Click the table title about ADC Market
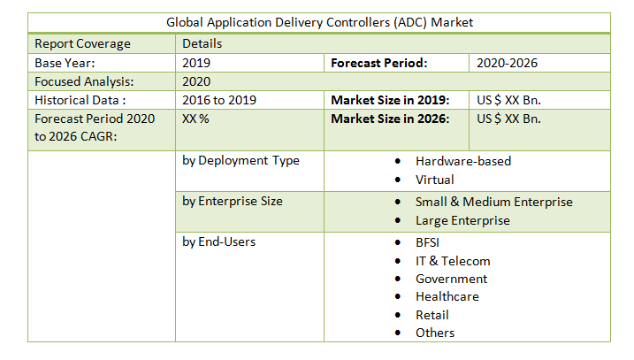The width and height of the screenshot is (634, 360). pyautogui.click(x=318, y=23)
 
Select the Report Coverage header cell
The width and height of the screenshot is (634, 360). pyautogui.click(x=82, y=43)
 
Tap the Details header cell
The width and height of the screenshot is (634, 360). pyautogui.click(x=202, y=43)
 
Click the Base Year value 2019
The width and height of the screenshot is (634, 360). pyautogui.click(x=196, y=63)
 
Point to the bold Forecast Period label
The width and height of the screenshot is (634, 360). pyautogui.click(x=379, y=63)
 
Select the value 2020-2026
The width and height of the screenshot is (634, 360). pyautogui.click(x=507, y=63)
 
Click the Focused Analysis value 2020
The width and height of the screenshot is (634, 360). pyautogui.click(x=196, y=81)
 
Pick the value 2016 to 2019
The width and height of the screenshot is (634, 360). pyautogui.click(x=219, y=100)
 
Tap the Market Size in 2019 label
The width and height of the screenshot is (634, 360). pyautogui.click(x=390, y=100)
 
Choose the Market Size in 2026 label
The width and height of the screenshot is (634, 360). pyautogui.click(x=390, y=119)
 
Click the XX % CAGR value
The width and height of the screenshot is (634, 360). pyautogui.click(x=195, y=119)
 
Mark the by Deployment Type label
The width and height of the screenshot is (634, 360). pyautogui.click(x=241, y=161)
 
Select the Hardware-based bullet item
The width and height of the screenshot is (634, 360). pyautogui.click(x=463, y=161)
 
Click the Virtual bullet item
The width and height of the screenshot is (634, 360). pyautogui.click(x=435, y=180)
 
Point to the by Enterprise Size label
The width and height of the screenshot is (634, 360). pyautogui.click(x=233, y=201)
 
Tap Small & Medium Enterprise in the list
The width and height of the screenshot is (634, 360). pyautogui.click(x=493, y=202)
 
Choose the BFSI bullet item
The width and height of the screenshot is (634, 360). pyautogui.click(x=428, y=242)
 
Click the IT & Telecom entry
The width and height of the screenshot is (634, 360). pyautogui.click(x=453, y=261)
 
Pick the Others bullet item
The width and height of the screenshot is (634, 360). pyautogui.click(x=435, y=333)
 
